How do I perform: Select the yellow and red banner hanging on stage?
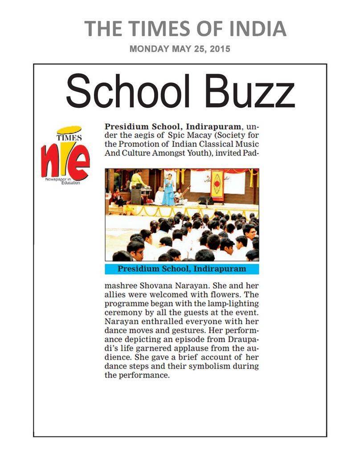coord(217,184)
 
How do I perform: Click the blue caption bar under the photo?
coord(182,269)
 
